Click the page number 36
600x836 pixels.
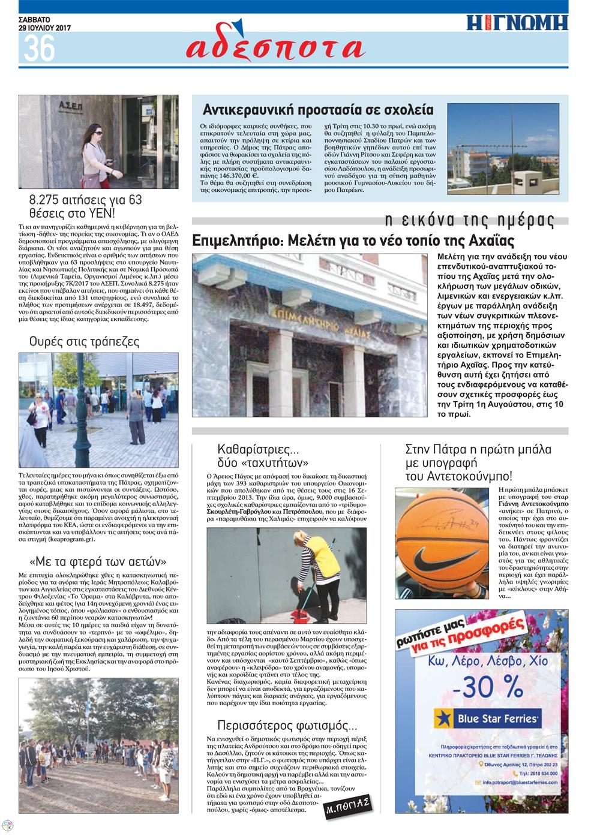coord(39,47)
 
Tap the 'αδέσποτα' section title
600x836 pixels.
coord(275,47)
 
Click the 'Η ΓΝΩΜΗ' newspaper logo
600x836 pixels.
coord(517,22)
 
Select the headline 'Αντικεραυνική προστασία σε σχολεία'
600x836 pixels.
coord(318,110)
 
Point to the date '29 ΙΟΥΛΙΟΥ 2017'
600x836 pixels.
coord(45,28)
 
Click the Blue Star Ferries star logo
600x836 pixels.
coord(443,718)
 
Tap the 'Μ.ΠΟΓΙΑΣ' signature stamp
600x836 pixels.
coord(349,808)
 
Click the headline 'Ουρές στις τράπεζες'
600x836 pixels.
coord(85,342)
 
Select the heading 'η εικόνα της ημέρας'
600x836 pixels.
coord(470,220)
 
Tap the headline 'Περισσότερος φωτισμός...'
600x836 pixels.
coord(287,724)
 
